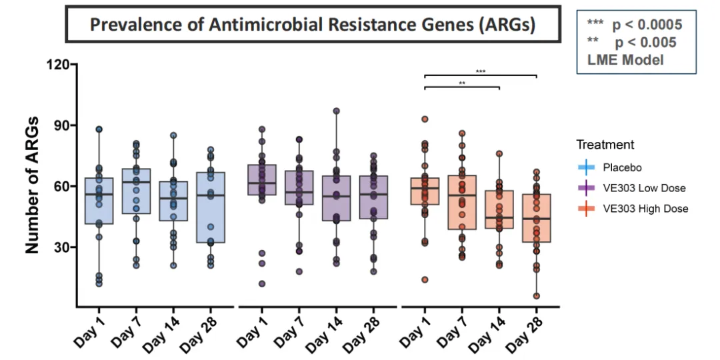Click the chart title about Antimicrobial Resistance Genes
pyautogui.click(x=313, y=26)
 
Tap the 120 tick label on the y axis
pyautogui.click(x=58, y=65)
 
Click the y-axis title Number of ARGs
pyautogui.click(x=32, y=185)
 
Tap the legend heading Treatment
pyautogui.click(x=605, y=145)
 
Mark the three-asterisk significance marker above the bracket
pyautogui.click(x=481, y=71)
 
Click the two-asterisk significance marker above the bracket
pyautogui.click(x=462, y=83)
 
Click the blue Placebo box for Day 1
pyautogui.click(x=99, y=201)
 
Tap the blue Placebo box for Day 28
pyautogui.click(x=211, y=207)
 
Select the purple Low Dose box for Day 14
pyautogui.click(x=337, y=198)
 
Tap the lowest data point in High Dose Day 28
pyautogui.click(x=537, y=296)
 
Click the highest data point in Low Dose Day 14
pyautogui.click(x=337, y=111)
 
